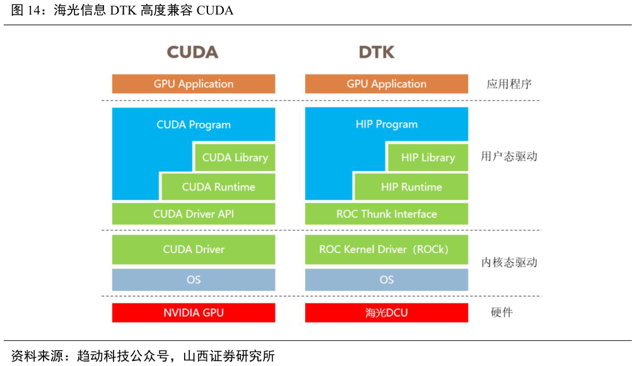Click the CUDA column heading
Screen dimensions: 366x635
[x=192, y=52]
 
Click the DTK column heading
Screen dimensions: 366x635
[x=376, y=52]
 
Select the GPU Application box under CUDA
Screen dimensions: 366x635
[x=194, y=84]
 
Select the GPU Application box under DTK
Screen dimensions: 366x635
[x=387, y=84]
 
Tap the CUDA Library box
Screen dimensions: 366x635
[x=235, y=158]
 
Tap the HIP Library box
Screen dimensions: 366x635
[x=428, y=158]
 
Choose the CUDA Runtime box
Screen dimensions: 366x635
[x=218, y=187]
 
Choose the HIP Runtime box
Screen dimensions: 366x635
[x=411, y=187]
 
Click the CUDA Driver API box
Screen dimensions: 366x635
[x=194, y=214]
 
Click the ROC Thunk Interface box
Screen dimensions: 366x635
[x=387, y=214]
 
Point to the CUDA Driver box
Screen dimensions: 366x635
[x=194, y=249]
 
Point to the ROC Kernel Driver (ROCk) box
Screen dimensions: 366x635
[x=387, y=249]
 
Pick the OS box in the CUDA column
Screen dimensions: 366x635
[x=194, y=280]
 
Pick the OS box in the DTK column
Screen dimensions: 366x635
[x=387, y=280]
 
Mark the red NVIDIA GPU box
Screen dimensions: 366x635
[x=194, y=312]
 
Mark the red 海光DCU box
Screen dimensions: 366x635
[x=387, y=312]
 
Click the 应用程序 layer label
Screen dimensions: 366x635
[x=510, y=84]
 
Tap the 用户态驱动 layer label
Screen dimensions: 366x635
[x=509, y=156]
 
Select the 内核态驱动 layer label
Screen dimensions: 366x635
[x=509, y=263]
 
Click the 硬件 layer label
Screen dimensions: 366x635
[x=502, y=312]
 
